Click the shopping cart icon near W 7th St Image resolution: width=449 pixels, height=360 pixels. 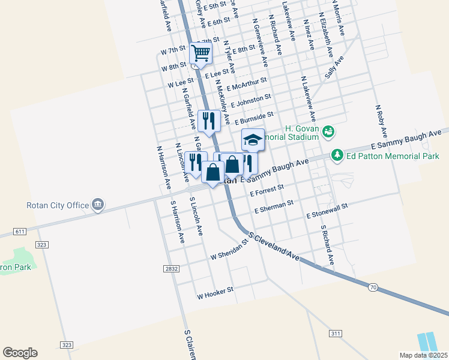pyautogui.click(x=201, y=53)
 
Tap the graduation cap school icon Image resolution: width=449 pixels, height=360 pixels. pyautogui.click(x=253, y=140)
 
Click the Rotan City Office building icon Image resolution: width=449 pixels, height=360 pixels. pyautogui.click(x=97, y=205)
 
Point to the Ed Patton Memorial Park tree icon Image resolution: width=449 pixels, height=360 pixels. pyautogui.click(x=337, y=156)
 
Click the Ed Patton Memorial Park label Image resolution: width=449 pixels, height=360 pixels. pyautogui.click(x=392, y=156)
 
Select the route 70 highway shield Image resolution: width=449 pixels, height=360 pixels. pyautogui.click(x=373, y=288)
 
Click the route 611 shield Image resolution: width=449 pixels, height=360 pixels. pyautogui.click(x=20, y=231)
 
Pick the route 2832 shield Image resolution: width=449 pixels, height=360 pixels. pyautogui.click(x=171, y=269)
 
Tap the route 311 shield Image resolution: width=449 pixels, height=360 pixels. pyautogui.click(x=336, y=332)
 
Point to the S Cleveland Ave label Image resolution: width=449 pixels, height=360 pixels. pyautogui.click(x=274, y=247)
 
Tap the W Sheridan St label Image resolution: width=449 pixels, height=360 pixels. pyautogui.click(x=229, y=252)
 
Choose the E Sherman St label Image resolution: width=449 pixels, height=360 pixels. pyautogui.click(x=274, y=207)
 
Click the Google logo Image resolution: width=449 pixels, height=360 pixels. pyautogui.click(x=20, y=353)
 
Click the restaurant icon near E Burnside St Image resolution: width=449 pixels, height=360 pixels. pyautogui.click(x=209, y=121)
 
